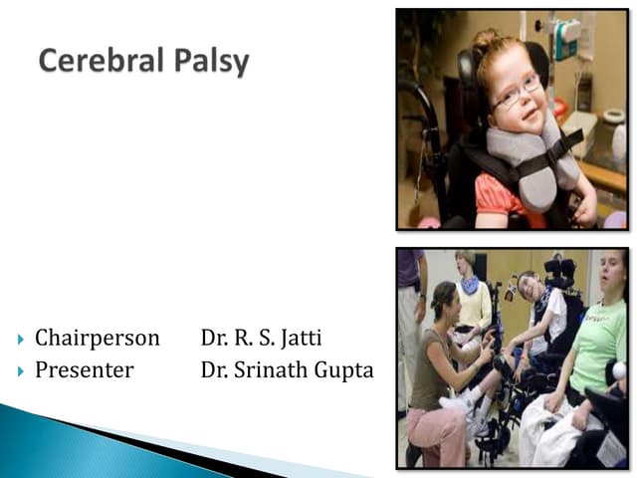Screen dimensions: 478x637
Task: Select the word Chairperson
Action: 97,339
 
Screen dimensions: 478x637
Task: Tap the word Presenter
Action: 84,370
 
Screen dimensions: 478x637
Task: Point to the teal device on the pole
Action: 568,41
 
